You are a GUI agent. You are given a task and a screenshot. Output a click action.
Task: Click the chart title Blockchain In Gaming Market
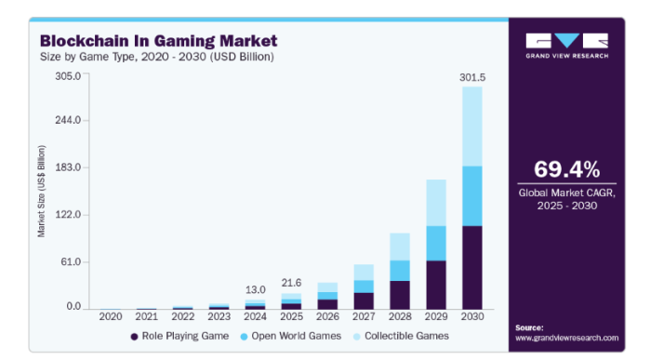pos(157,41)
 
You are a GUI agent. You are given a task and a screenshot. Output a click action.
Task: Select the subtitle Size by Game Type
pos(85,57)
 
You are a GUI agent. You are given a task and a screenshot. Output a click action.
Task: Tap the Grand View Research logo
pos(566,46)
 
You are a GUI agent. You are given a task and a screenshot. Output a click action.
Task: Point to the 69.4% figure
pos(566,169)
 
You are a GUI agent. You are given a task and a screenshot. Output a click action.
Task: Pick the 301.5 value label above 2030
pos(472,77)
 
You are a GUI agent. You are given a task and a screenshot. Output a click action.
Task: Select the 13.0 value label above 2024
pos(256,288)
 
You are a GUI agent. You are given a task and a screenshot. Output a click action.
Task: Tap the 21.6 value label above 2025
pos(292,282)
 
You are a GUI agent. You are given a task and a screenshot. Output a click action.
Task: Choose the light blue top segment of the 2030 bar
pos(472,127)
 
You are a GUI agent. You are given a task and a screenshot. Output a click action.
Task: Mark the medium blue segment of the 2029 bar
pos(436,243)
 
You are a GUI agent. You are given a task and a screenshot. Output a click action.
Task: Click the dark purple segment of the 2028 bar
pos(400,294)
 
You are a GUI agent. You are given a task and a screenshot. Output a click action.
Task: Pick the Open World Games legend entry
pos(291,335)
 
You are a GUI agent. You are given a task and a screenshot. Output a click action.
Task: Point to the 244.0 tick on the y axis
pos(70,120)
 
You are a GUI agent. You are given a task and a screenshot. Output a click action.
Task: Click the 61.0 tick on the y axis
pos(73,261)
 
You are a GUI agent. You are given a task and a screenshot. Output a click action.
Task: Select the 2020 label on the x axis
pos(111,317)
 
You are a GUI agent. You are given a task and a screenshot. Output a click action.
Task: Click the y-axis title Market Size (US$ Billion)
pos(42,192)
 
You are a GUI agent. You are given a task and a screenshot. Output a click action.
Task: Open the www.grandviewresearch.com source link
pos(566,338)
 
